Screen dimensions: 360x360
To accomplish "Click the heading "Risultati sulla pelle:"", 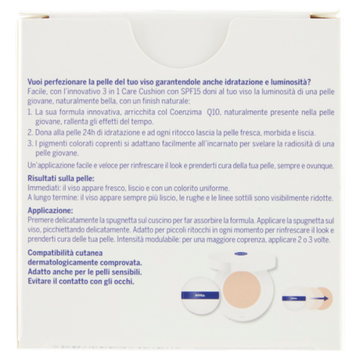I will tap(61, 178).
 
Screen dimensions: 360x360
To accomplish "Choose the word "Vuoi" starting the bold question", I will tap(35, 82).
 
